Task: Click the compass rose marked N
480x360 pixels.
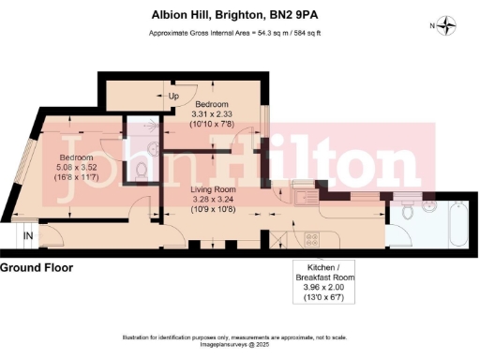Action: [447, 25]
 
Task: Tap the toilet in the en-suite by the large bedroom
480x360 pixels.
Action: [140, 167]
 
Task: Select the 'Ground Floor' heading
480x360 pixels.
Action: [37, 268]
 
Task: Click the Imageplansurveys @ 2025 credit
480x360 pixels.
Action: [239, 343]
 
